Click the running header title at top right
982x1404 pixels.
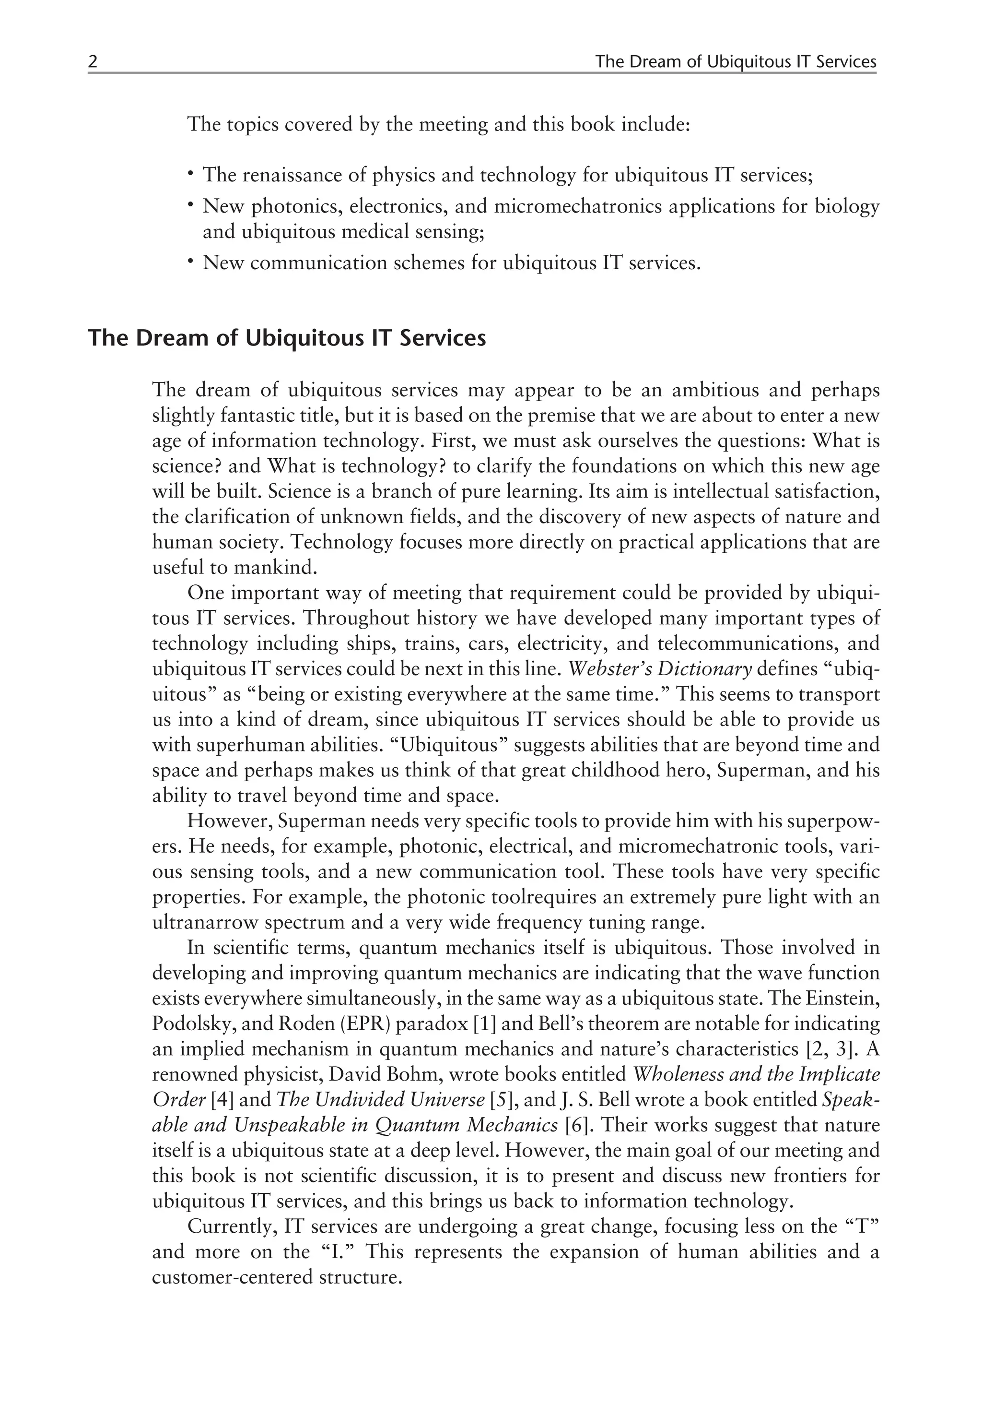(735, 62)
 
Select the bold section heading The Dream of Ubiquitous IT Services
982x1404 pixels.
(287, 338)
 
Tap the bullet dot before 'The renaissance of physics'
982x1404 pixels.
(191, 174)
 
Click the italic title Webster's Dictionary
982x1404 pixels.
(660, 669)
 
